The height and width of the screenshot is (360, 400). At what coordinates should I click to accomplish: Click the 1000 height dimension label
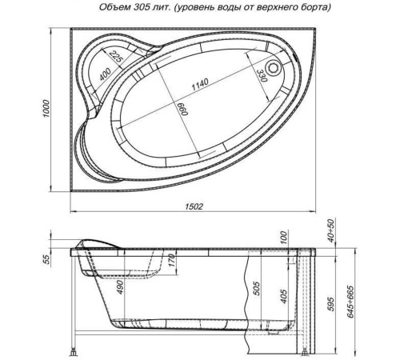pos(47,110)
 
